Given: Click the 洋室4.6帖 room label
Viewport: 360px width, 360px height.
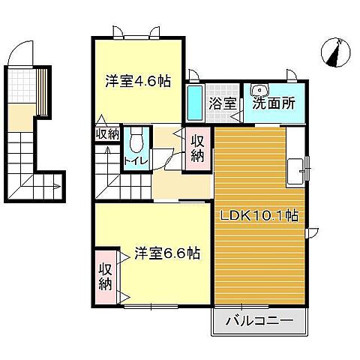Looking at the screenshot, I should (137, 81).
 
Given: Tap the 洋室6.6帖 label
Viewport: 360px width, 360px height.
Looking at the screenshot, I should (167, 253).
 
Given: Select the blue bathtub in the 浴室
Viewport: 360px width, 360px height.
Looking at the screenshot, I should (193, 104).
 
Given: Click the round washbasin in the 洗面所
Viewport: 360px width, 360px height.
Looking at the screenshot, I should (259, 88).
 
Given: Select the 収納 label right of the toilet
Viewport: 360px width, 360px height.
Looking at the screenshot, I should (197, 148).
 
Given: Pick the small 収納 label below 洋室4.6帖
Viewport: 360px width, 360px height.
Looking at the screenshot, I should (106, 133).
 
